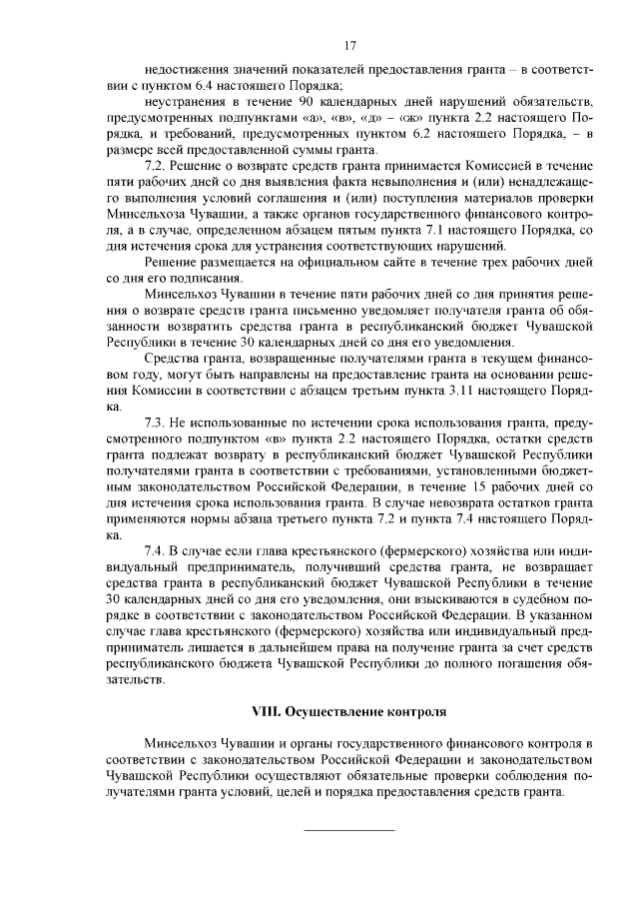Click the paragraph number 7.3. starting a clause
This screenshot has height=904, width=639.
point(157,424)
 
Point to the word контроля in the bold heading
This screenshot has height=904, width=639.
point(405,712)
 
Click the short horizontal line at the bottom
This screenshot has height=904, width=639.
point(348,830)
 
